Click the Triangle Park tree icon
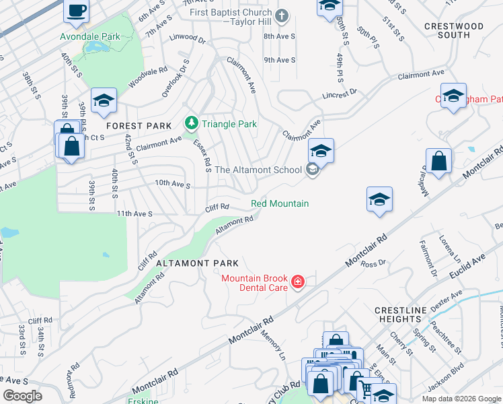[192, 123]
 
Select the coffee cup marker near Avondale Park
[75, 10]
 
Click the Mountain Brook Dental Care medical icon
[297, 282]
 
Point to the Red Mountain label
[280, 203]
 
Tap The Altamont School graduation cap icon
[313, 169]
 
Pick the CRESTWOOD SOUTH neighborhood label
[455, 30]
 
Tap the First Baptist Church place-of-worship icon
[282, 15]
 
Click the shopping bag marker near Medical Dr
[438, 162]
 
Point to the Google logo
[23, 396]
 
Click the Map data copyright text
[461, 398]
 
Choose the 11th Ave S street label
[135, 213]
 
